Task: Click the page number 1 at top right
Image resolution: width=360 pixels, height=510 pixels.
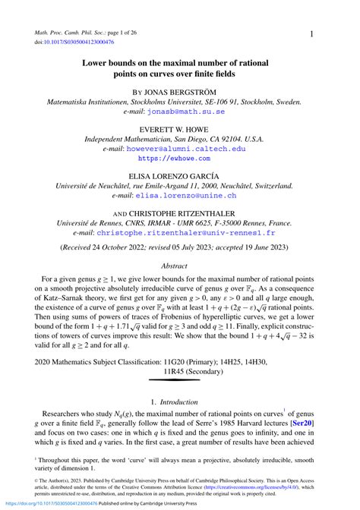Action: coord(311,34)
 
